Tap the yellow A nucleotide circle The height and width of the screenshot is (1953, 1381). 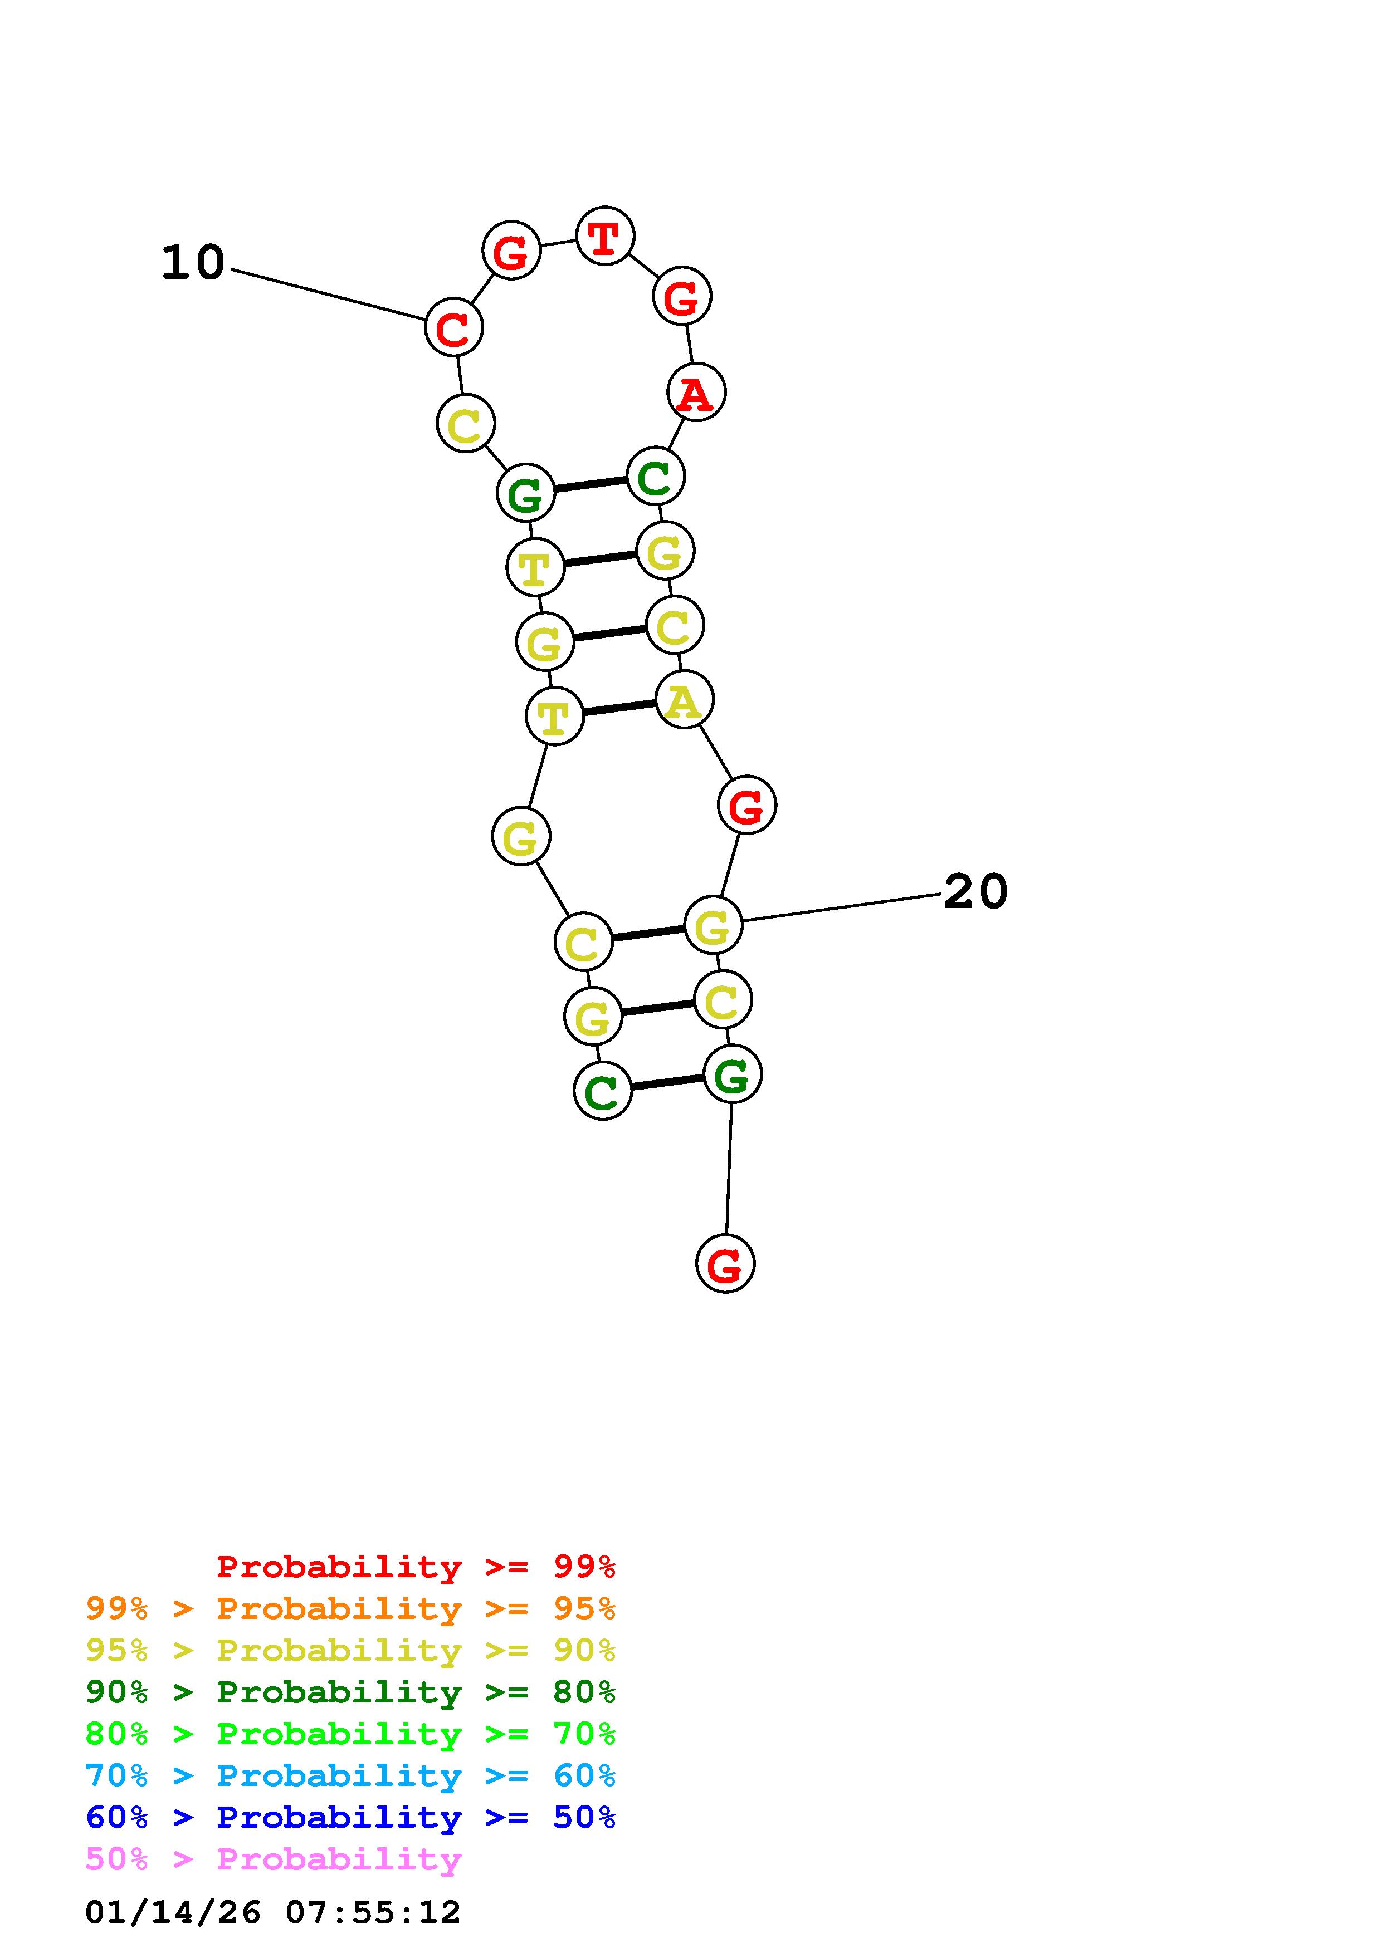click(x=684, y=700)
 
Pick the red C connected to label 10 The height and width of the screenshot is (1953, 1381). click(x=453, y=327)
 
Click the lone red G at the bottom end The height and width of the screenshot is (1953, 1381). click(x=725, y=1264)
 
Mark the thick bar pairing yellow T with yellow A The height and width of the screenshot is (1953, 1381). click(x=619, y=708)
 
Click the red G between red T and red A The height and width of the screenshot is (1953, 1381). click(x=681, y=297)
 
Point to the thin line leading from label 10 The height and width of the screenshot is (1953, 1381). click(x=328, y=295)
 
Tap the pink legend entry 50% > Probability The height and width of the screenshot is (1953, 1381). click(x=273, y=1859)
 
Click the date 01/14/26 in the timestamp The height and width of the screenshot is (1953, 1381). click(x=173, y=1912)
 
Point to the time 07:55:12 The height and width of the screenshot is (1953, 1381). click(x=373, y=1912)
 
